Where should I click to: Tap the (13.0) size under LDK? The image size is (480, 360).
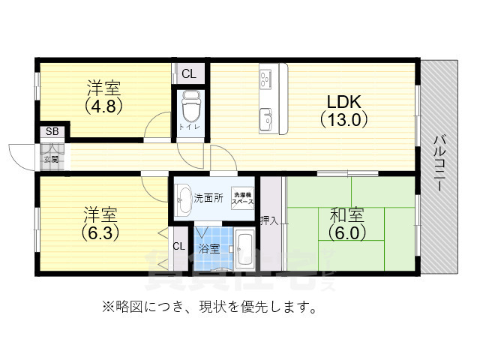(x=343, y=118)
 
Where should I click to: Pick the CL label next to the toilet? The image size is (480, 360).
(x=187, y=73)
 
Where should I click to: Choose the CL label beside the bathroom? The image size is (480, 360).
(x=179, y=246)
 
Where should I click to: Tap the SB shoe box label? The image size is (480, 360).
(x=52, y=132)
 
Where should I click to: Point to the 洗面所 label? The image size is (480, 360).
(x=208, y=199)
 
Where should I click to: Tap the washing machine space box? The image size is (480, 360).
(x=242, y=198)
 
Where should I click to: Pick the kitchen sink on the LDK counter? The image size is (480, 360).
(x=265, y=119)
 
